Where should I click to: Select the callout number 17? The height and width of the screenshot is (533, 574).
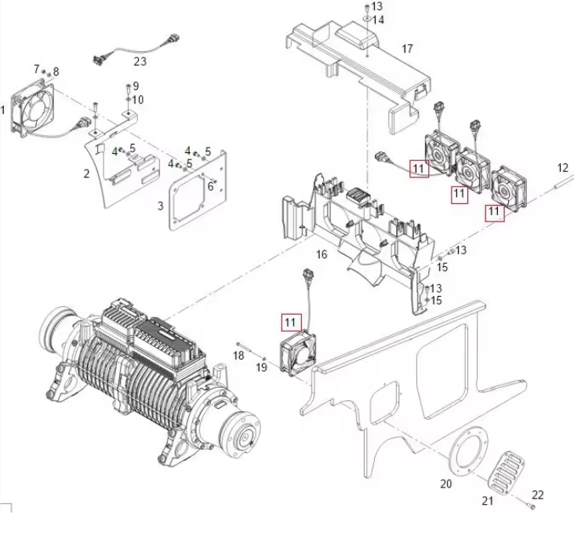407,49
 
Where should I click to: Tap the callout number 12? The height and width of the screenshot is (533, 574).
562,167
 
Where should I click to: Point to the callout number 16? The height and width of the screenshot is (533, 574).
322,255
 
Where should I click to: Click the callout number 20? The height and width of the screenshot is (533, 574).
445,484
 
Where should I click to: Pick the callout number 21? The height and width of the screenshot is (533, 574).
487,502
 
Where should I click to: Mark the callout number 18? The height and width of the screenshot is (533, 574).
239,356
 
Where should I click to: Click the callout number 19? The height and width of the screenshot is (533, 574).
262,368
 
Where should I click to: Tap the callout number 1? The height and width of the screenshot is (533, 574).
4,110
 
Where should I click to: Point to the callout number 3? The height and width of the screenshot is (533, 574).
160,206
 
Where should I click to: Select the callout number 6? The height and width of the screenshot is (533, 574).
210,185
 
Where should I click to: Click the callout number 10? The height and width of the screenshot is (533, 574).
138,100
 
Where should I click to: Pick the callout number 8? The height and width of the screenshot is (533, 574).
56,71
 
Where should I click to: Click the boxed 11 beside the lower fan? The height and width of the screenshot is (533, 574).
291,322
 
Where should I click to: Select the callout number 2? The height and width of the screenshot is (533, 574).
87,173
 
